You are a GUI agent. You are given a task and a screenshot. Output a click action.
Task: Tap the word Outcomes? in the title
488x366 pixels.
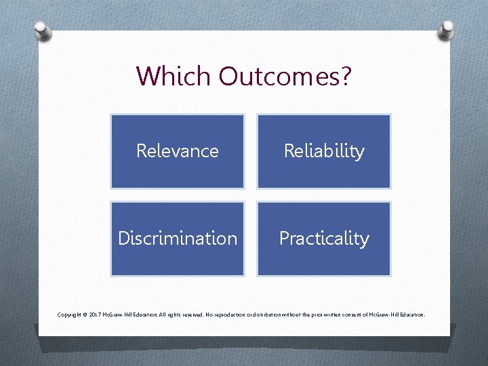tap(285, 76)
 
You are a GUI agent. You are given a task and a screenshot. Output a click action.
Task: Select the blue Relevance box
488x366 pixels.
tap(178, 151)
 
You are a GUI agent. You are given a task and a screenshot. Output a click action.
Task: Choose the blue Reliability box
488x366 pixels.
tap(324, 151)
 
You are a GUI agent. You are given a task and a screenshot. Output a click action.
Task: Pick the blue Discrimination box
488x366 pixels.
tap(178, 239)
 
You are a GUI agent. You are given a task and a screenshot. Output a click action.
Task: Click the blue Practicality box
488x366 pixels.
tap(324, 239)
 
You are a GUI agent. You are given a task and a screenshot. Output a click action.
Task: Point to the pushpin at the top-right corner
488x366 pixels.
tap(447, 29)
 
